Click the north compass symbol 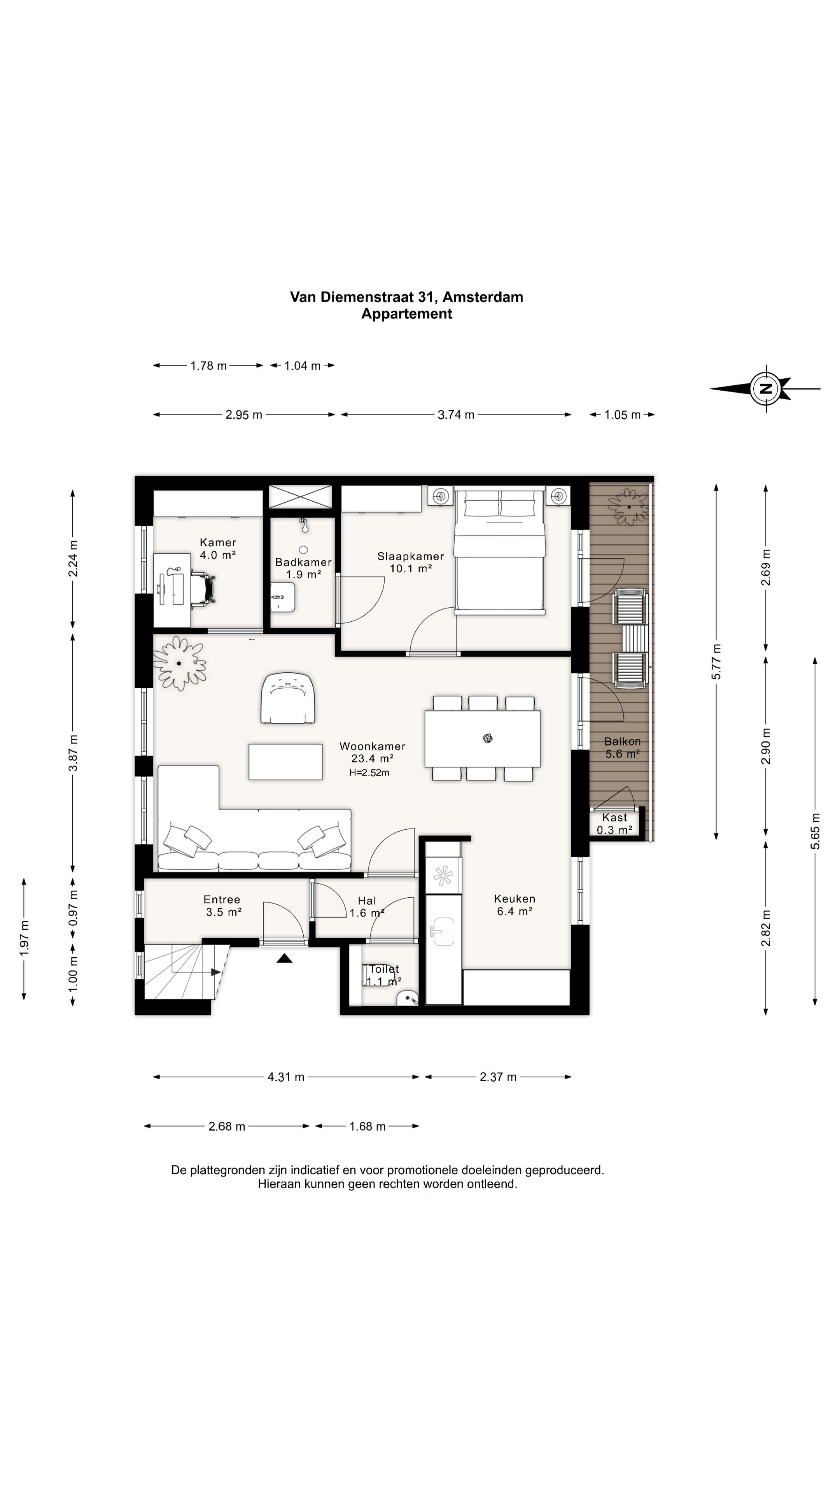(765, 388)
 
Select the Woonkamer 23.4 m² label (372, 752)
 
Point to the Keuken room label (514, 905)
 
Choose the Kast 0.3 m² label (614, 823)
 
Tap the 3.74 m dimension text (456, 414)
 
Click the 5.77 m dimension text (716, 661)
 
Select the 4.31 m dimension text (286, 1077)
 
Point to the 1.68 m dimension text (367, 1126)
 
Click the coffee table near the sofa (285, 762)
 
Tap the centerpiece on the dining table (488, 738)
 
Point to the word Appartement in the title (406, 313)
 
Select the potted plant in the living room (180, 663)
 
